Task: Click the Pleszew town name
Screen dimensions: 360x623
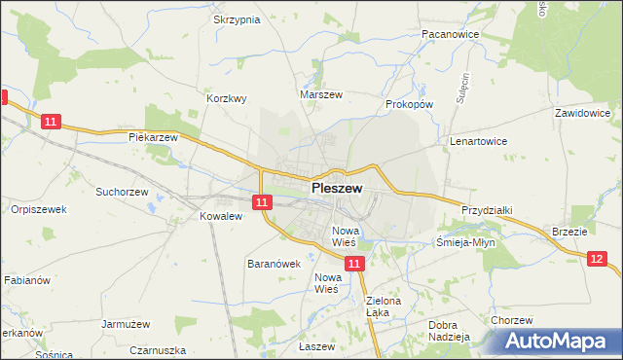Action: point(337,189)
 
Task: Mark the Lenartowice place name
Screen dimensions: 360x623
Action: point(478,141)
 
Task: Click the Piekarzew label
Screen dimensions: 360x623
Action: point(154,137)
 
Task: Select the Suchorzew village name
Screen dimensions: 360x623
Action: point(121,192)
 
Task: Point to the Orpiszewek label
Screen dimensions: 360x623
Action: point(38,209)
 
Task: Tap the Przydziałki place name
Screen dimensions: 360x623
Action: point(488,209)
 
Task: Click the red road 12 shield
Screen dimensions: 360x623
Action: point(597,258)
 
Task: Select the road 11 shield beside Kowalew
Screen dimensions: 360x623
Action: point(261,202)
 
